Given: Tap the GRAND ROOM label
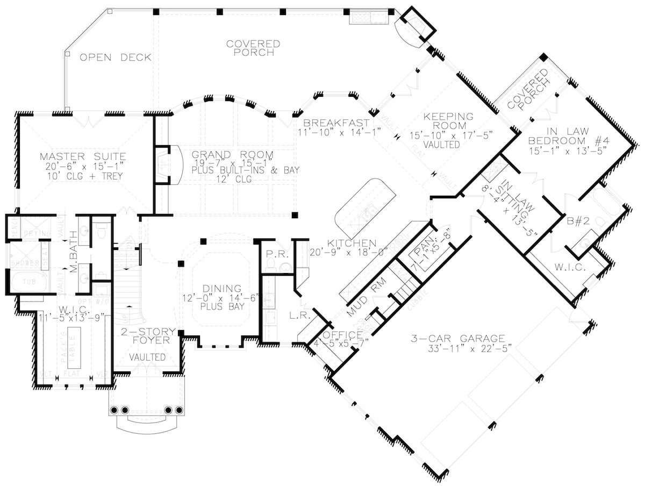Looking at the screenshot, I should coord(233,155).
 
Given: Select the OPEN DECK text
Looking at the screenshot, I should coord(116,58).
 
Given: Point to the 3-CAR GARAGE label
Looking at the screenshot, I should coord(457,339).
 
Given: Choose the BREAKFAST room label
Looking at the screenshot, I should coord(336,122).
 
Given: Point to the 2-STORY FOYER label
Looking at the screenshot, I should coord(145,335).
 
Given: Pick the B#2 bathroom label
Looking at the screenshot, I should coord(576,219).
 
